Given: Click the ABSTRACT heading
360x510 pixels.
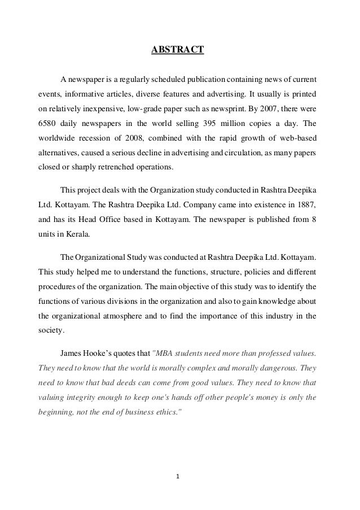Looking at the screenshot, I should (x=177, y=52).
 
